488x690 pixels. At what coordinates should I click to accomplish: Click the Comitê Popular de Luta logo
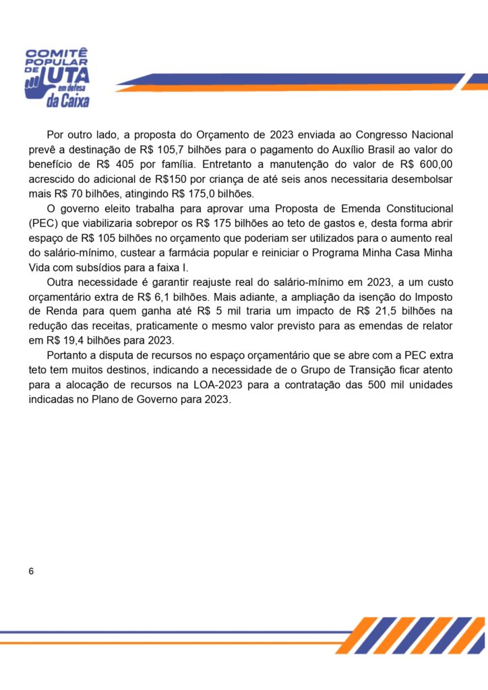click(x=57, y=77)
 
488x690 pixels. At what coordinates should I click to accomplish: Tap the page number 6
click(x=32, y=571)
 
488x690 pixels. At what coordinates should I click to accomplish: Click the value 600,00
click(x=438, y=164)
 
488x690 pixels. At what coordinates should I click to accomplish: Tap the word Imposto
click(x=433, y=298)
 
